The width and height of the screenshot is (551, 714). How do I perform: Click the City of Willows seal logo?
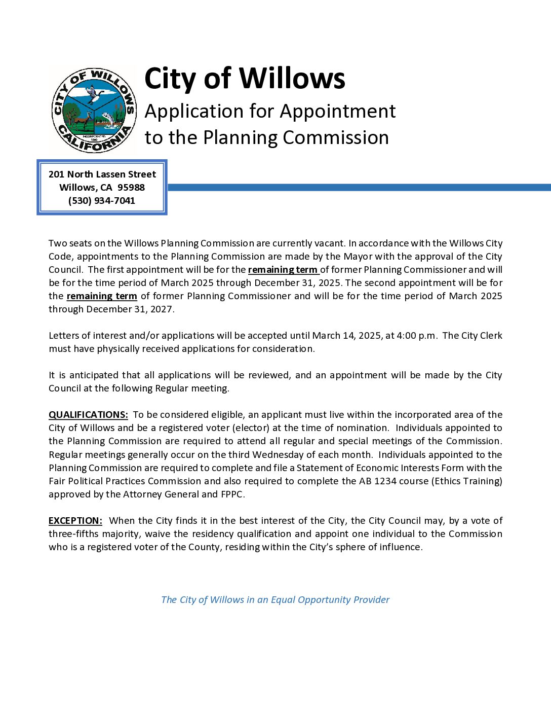94,110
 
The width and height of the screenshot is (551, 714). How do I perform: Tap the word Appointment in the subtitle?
338,111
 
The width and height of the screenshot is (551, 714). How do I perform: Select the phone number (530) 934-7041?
102,200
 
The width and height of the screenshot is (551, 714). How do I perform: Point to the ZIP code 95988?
131,187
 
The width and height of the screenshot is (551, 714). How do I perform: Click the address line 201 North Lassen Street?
102,174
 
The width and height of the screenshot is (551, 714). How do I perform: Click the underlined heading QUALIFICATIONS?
88,414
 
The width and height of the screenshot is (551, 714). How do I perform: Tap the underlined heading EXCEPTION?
75,520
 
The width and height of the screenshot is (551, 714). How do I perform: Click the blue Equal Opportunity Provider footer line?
275,599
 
